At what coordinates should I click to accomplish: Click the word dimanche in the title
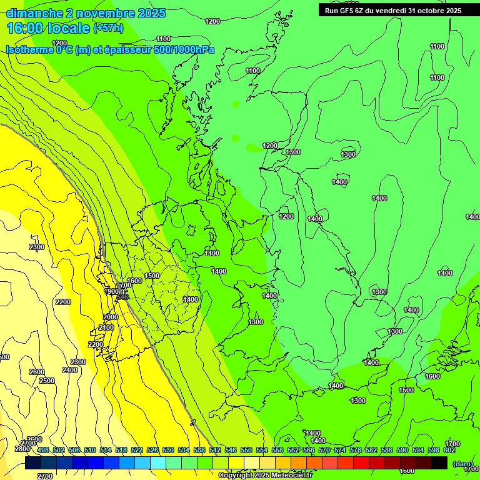tap(34, 13)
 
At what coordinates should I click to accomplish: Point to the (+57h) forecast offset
tap(108, 28)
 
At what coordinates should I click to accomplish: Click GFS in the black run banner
tap(351, 10)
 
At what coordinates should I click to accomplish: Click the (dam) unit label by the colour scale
tap(462, 463)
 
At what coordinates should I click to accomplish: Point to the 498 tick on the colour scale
tap(43, 450)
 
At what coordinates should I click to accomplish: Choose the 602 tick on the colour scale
tap(449, 450)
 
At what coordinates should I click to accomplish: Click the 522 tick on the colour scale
tap(137, 450)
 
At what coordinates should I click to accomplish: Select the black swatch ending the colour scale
tap(439, 462)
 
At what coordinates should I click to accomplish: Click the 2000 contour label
tap(111, 317)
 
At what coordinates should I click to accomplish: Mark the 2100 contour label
tap(106, 327)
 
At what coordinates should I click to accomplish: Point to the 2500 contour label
tap(46, 381)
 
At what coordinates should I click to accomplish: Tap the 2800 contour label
tap(22, 449)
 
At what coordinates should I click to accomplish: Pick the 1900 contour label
tap(111, 291)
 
